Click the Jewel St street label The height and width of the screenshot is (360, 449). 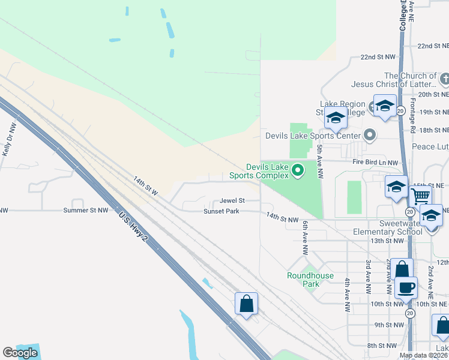coord(232,200)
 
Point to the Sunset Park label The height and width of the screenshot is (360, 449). coord(221,211)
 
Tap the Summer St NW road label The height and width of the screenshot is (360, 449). coord(86,211)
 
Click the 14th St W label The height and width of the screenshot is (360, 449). coord(145,186)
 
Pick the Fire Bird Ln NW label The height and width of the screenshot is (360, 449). coord(375,163)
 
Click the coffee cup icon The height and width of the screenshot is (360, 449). coord(406,287)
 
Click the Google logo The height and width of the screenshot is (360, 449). coord(20,353)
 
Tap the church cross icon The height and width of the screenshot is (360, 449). coord(445,79)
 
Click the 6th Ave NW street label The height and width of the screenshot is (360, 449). coord(306,236)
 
